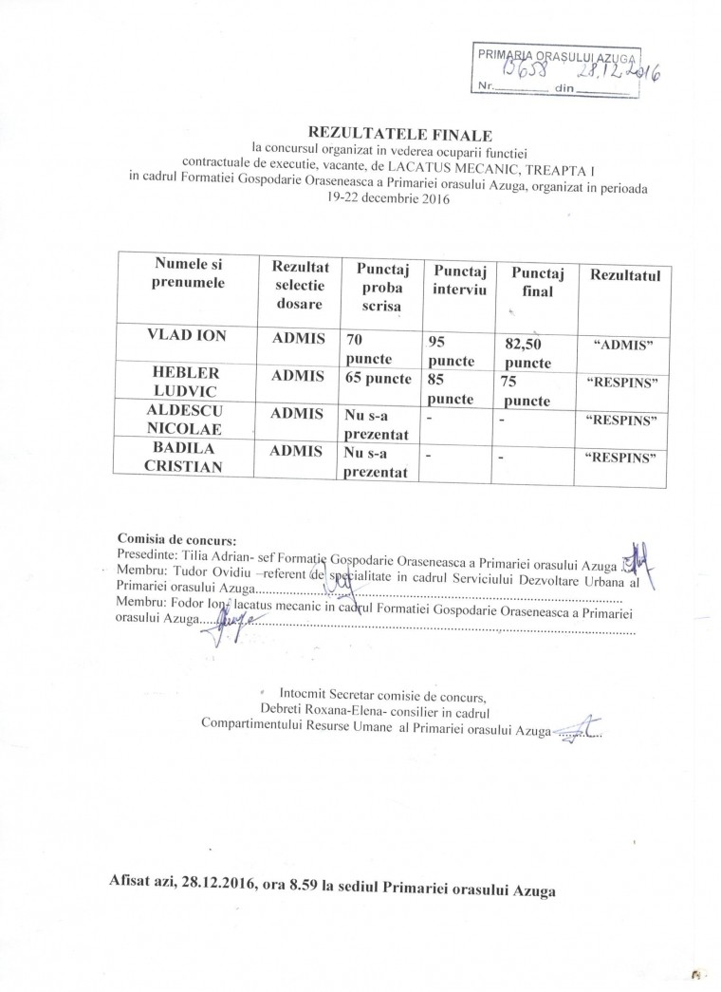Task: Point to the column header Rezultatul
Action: (624, 274)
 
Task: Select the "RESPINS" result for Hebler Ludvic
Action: (624, 383)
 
